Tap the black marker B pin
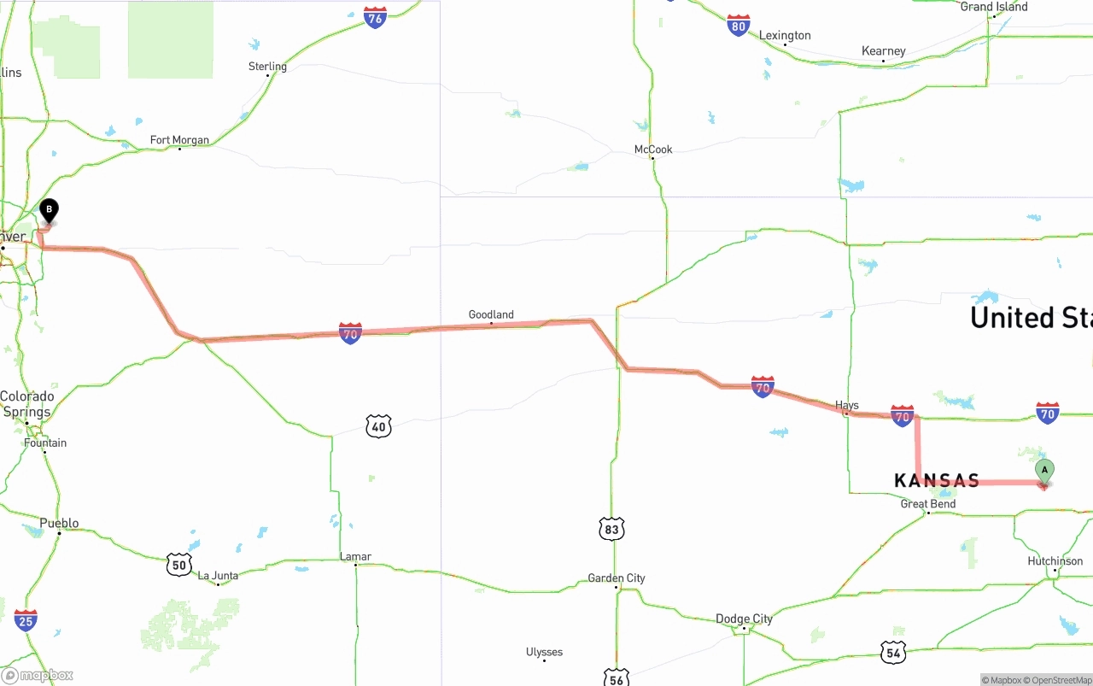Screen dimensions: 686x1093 tap(50, 210)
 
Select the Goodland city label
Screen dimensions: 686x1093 tap(491, 314)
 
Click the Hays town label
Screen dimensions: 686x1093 tap(847, 405)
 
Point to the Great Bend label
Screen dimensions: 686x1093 tap(928, 504)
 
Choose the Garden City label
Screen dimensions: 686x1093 tap(617, 578)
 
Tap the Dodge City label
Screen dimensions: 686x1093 tap(744, 619)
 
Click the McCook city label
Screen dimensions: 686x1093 tap(653, 150)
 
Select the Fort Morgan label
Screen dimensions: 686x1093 tap(179, 140)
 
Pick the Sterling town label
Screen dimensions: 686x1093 tap(267, 67)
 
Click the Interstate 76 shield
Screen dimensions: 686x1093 tap(375, 17)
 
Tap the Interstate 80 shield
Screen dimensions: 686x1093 tap(739, 26)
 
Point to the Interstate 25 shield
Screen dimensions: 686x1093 tap(26, 620)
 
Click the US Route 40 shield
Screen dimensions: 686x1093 tap(378, 426)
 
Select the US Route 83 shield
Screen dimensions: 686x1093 tap(611, 530)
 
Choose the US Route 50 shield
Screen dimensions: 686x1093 tap(178, 564)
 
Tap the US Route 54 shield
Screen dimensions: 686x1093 tap(893, 653)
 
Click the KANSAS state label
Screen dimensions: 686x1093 tap(937, 481)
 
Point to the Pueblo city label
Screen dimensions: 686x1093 tap(59, 523)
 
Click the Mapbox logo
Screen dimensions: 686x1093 tap(38, 676)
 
